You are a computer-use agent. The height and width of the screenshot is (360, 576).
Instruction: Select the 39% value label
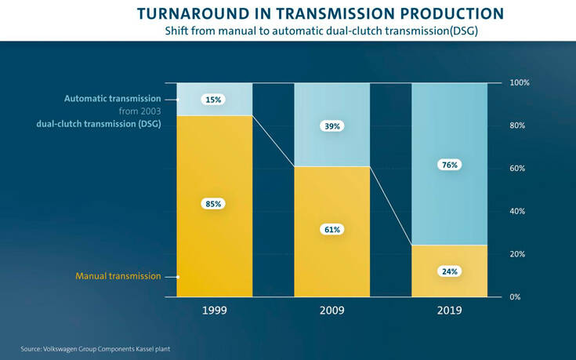pyautogui.click(x=332, y=125)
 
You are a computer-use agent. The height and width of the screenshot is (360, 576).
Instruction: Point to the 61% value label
pyautogui.click(x=332, y=230)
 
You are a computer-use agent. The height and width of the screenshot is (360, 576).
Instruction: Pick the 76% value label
pyautogui.click(x=450, y=165)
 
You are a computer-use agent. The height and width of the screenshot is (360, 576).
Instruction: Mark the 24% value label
pyautogui.click(x=450, y=271)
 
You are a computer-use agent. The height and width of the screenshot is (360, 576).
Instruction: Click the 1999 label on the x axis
pyautogui.click(x=214, y=311)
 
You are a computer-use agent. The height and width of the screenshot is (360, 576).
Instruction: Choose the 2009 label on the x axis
pyautogui.click(x=331, y=311)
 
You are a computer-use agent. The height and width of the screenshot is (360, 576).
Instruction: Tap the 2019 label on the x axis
pyautogui.click(x=449, y=311)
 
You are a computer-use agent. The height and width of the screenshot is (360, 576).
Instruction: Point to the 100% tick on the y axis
pyautogui.click(x=520, y=82)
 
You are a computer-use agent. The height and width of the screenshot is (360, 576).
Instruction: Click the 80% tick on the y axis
pyautogui.click(x=518, y=125)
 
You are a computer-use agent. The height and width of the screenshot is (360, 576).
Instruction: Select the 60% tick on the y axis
pyautogui.click(x=518, y=169)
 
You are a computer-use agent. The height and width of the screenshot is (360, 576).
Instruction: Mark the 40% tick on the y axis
pyautogui.click(x=518, y=211)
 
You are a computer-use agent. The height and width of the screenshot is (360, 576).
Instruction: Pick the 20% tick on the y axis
pyautogui.click(x=518, y=254)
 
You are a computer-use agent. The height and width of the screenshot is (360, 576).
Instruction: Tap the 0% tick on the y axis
pyautogui.click(x=516, y=296)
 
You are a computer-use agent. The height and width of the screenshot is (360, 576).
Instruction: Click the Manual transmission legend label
pyautogui.click(x=118, y=276)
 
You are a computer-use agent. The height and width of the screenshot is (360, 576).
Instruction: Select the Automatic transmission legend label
pyautogui.click(x=112, y=99)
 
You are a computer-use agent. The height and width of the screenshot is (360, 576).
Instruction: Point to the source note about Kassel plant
pyautogui.click(x=95, y=348)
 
